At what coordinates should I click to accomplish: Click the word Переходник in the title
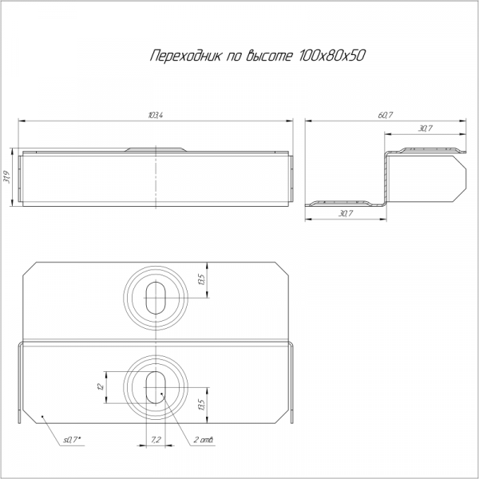click(x=185, y=56)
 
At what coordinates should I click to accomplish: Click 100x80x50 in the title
click(x=332, y=56)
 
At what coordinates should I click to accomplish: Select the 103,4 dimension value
click(x=156, y=115)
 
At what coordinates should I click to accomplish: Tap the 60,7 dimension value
click(x=386, y=115)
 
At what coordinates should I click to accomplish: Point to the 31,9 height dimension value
click(x=7, y=177)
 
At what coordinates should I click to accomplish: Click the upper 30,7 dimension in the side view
click(x=426, y=129)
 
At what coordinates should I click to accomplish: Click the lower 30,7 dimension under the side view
click(x=346, y=213)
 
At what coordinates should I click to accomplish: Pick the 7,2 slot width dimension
click(x=156, y=440)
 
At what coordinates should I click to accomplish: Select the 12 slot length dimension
click(x=101, y=386)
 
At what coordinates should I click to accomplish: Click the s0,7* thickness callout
click(x=72, y=440)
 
